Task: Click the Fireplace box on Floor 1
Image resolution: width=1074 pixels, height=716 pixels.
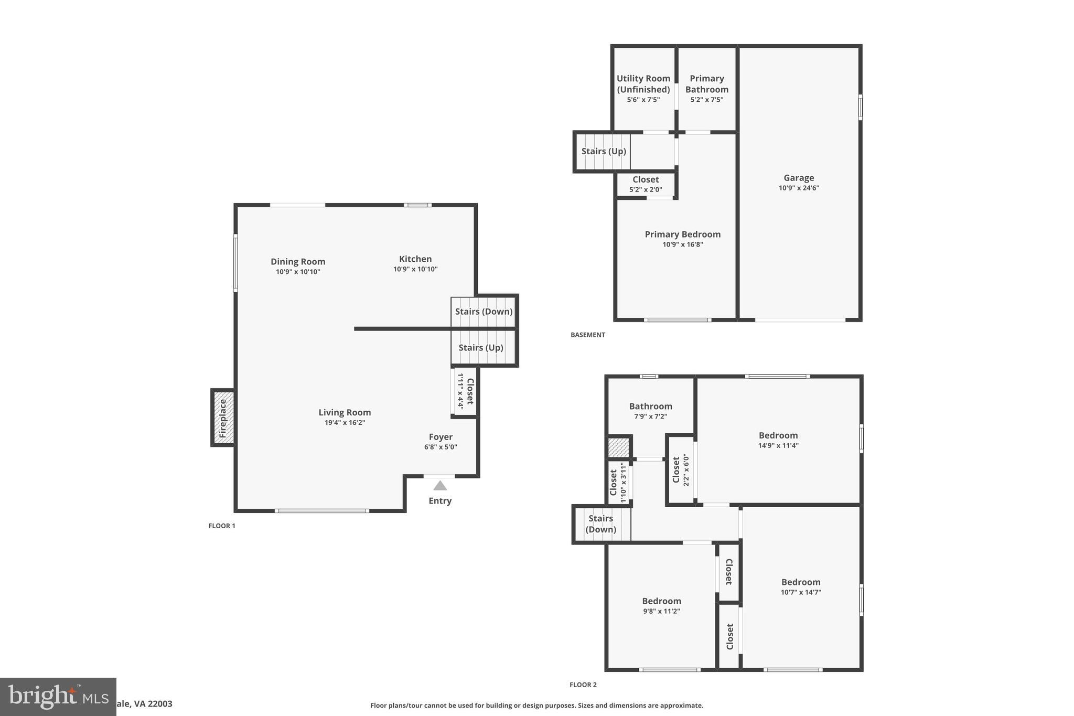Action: [223, 418]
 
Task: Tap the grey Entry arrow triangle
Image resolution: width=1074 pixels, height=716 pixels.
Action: [440, 486]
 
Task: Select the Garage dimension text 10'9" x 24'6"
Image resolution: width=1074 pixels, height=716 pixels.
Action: [799, 188]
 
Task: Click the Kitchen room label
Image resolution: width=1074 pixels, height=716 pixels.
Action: [415, 259]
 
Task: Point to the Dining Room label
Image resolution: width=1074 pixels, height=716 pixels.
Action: [298, 261]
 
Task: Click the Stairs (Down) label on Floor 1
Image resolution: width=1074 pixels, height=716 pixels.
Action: [484, 311]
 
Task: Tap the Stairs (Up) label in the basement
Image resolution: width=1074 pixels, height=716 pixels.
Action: [604, 151]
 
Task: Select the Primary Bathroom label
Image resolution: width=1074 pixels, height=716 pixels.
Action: [706, 84]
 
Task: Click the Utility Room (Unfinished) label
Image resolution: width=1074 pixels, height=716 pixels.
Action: [643, 84]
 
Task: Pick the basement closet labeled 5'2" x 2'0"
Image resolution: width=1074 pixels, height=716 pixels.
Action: [646, 184]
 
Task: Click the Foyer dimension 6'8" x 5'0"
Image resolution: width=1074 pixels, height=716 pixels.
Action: [441, 447]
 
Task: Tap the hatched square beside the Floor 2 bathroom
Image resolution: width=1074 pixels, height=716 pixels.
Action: [618, 447]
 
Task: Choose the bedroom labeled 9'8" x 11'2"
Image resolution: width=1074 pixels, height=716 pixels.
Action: [661, 606]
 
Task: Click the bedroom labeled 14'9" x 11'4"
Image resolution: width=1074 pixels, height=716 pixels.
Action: [778, 440]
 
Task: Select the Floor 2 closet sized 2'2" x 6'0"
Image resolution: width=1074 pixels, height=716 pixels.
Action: [680, 470]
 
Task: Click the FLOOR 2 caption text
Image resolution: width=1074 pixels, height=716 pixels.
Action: [583, 685]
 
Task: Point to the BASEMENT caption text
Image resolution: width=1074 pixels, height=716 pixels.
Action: [588, 335]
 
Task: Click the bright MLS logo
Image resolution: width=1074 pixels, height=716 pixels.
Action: [58, 697]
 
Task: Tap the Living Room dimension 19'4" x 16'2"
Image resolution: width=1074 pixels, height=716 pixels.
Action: [345, 422]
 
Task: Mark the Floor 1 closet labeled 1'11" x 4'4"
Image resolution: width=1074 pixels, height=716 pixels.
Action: [465, 391]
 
